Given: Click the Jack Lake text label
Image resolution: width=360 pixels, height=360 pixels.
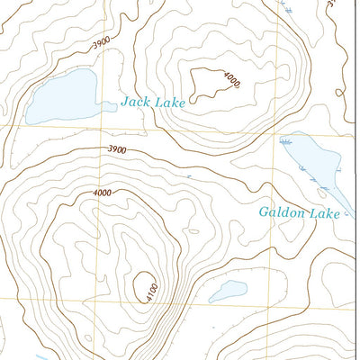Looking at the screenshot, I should (x=153, y=103).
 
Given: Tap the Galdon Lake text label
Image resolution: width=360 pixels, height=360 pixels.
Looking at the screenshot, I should (x=299, y=213).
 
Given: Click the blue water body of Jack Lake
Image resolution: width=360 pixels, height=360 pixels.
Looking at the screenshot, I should (x=61, y=97).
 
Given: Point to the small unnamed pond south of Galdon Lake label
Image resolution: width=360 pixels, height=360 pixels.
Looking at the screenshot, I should (x=228, y=292).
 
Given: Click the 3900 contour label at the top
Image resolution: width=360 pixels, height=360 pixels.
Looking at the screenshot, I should (x=103, y=42).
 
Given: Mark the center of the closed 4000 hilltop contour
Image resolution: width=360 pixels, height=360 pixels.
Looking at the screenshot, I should (x=204, y=81).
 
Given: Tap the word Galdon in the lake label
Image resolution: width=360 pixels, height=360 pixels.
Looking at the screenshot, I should (x=281, y=213).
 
